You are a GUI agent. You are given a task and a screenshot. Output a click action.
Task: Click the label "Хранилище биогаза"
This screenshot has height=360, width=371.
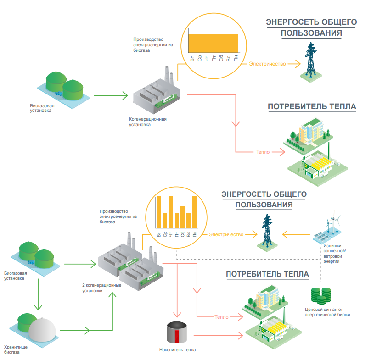(x=16, y=350)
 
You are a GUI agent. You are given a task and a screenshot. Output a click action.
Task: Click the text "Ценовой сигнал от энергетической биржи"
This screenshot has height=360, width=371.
(x=327, y=312)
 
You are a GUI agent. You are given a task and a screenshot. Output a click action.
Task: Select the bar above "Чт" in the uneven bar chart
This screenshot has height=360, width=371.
(x=171, y=212)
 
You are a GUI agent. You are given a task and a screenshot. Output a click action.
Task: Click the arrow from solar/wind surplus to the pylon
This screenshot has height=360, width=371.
(x=296, y=234)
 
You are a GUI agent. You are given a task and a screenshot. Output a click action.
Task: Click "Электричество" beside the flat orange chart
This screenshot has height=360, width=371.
(x=267, y=64)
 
